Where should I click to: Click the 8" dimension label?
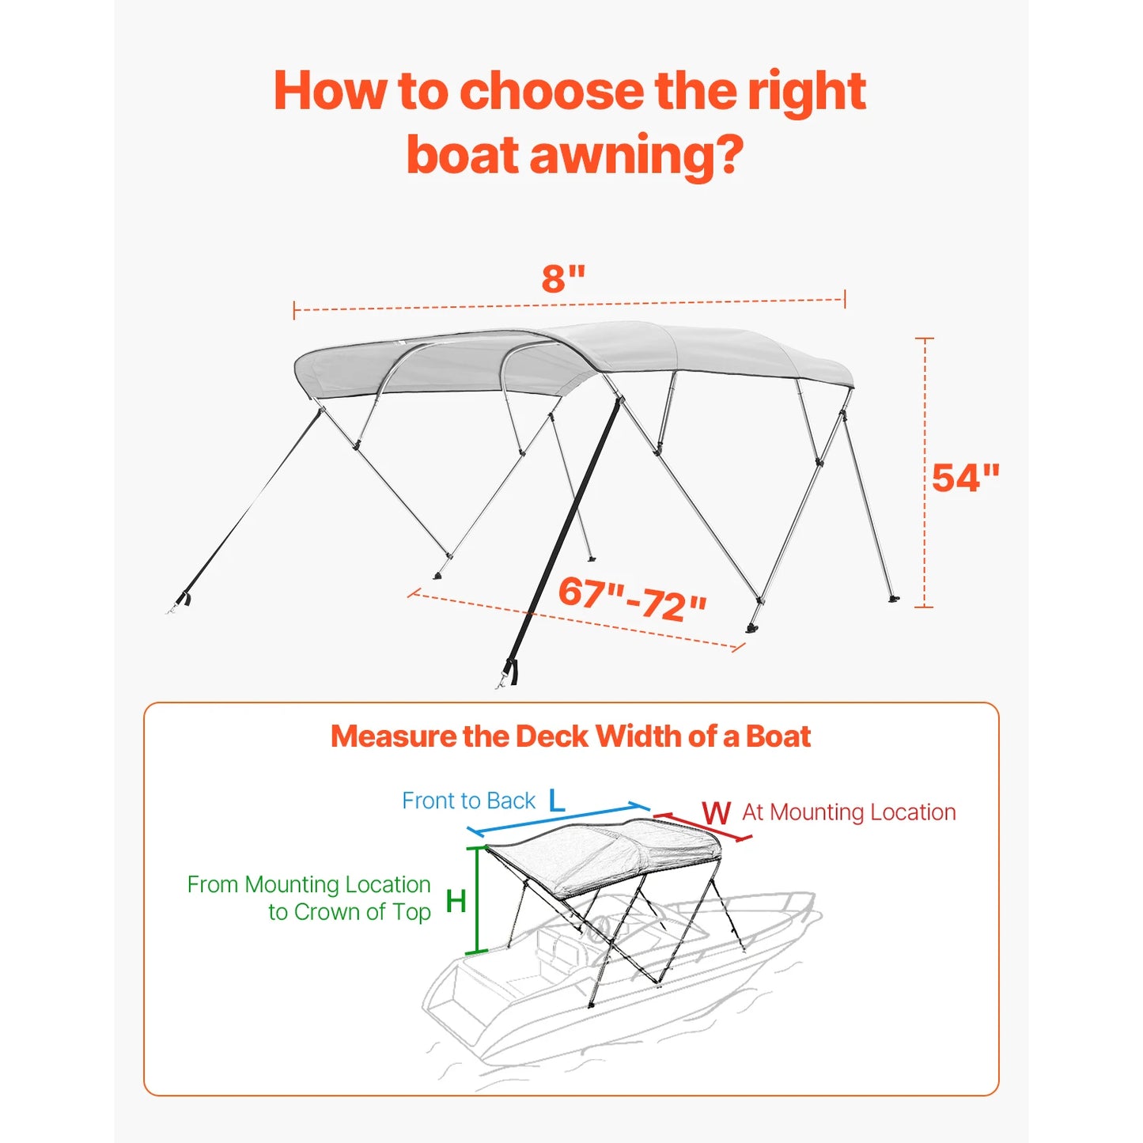(563, 278)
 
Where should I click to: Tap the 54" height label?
(965, 478)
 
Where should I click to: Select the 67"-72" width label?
(631, 599)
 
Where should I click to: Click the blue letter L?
(556, 800)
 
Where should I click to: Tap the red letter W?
(716, 813)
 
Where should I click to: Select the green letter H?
(456, 901)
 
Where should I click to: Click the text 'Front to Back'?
(468, 800)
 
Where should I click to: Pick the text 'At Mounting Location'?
(849, 812)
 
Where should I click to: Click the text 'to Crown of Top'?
(350, 912)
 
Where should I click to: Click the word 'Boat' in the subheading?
(778, 736)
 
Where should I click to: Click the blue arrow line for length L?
(558, 818)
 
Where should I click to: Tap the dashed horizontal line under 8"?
(570, 305)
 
